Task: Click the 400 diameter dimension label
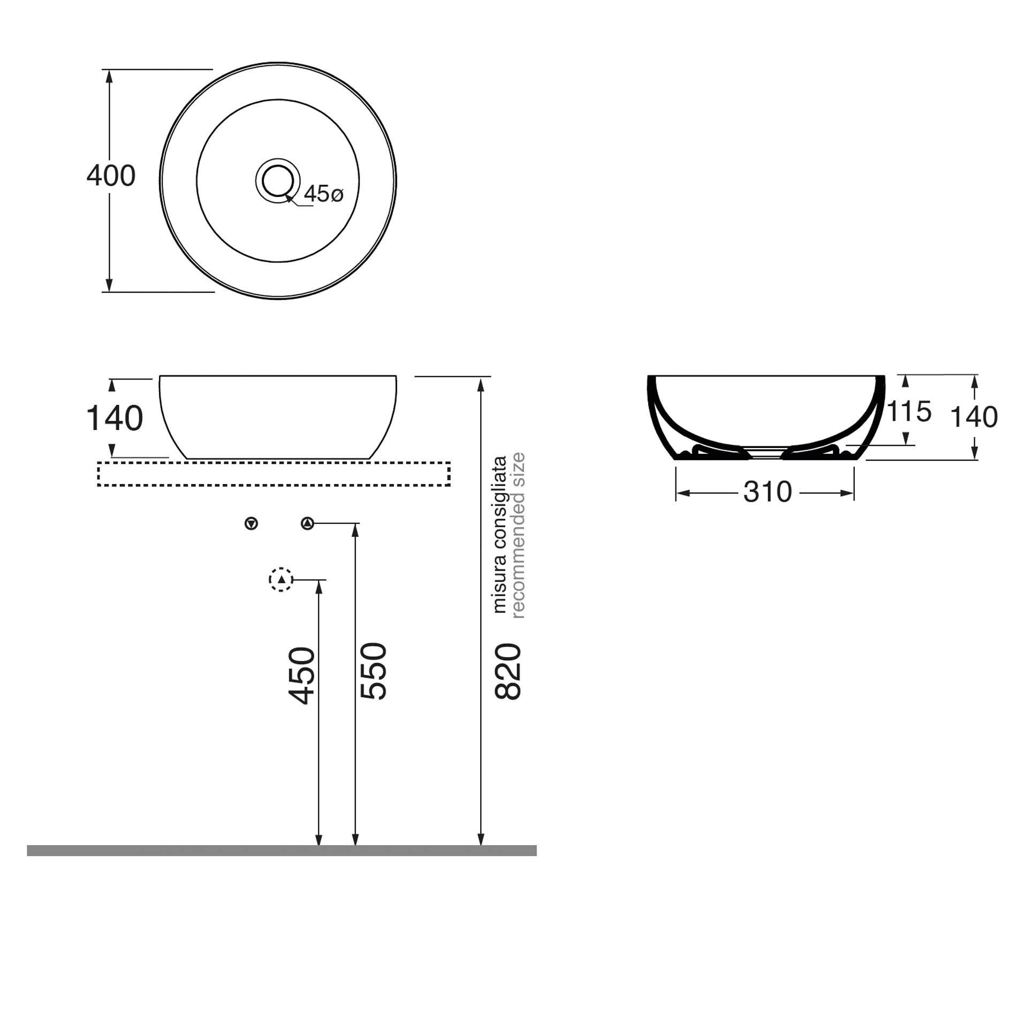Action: [x=111, y=176]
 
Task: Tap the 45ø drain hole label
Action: [x=323, y=194]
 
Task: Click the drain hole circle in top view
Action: [x=277, y=181]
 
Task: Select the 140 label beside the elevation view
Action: [x=115, y=418]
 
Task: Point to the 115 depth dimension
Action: [x=909, y=412]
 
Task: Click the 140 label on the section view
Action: [x=974, y=417]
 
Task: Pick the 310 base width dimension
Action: [x=767, y=492]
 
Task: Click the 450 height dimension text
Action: [x=301, y=675]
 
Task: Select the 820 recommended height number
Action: [x=507, y=671]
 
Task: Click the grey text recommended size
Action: [x=518, y=535]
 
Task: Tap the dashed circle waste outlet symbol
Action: [x=281, y=580]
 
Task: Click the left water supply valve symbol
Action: [x=251, y=523]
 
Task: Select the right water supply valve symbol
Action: [x=307, y=523]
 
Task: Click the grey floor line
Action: [x=282, y=851]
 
